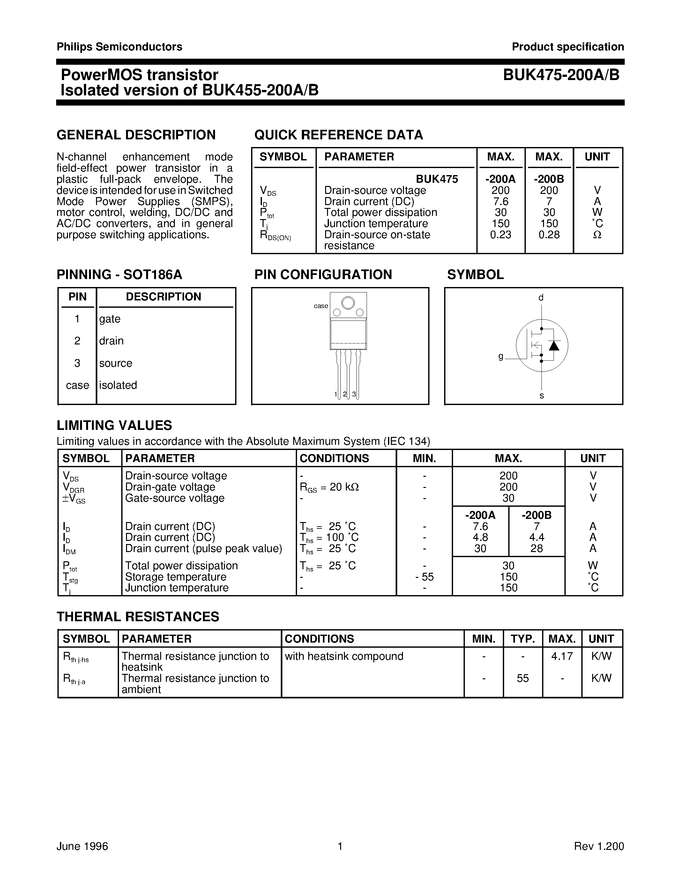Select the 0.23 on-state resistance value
[501, 234]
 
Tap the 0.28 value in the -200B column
[549, 234]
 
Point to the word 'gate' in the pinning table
[110, 319]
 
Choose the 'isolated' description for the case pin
[118, 385]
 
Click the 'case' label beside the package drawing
[321, 306]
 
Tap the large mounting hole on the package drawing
[348, 302]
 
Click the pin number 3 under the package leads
[354, 394]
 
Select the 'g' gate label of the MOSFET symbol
[501, 356]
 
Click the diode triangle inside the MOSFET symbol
[554, 345]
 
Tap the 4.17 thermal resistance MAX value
[562, 656]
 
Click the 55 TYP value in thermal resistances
[523, 678]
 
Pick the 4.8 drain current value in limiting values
[481, 537]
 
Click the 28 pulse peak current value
[536, 549]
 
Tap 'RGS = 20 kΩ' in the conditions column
[329, 487]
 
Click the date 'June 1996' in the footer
[82, 846]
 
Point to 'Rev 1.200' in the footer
[599, 846]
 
